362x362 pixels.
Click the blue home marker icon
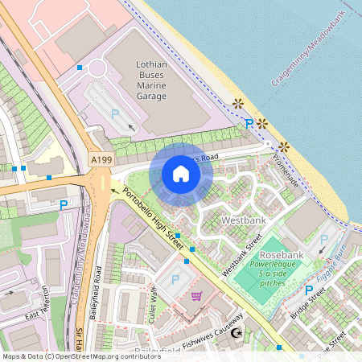[x=181, y=174]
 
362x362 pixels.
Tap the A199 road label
[x=101, y=160]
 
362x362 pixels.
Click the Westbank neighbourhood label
[x=243, y=220]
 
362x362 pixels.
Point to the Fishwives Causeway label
[x=196, y=335]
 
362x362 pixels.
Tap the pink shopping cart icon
[x=196, y=296]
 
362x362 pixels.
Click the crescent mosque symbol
[x=236, y=333]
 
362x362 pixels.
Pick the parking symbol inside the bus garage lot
[x=114, y=114]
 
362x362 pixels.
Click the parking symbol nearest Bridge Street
[x=308, y=290]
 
